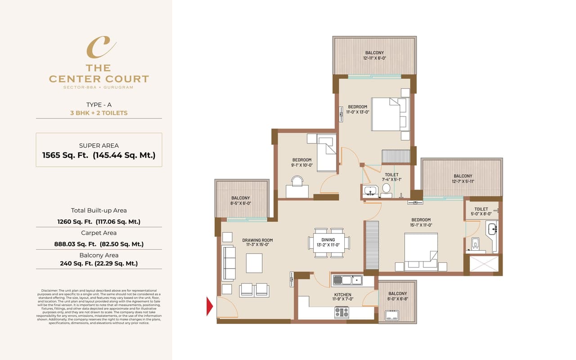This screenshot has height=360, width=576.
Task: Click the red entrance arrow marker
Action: coord(210,306)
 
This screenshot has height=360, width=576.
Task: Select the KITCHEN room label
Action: coord(342,295)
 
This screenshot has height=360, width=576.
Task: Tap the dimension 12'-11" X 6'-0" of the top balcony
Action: coord(374,58)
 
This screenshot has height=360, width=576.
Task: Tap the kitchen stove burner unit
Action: coord(342,312)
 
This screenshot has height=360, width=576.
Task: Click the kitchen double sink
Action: coord(347,280)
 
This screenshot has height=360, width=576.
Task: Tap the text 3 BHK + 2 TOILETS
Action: coord(99,113)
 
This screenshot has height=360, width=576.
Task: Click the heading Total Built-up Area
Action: coord(99,210)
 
